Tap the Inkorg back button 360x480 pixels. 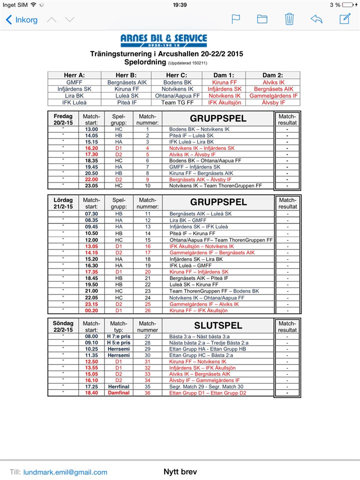pos(21,20)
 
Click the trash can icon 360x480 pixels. pos(289,19)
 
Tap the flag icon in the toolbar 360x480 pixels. pos(235,19)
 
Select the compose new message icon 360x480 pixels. pos(344,19)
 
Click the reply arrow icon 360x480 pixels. pos(316,19)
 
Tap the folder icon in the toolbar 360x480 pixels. pos(262,19)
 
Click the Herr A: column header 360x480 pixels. pos(74,75)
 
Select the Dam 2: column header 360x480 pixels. pos(273,75)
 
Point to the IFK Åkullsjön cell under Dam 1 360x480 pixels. pos(224,102)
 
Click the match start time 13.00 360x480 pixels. pos(91,129)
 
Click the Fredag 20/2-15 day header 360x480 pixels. pos(63,119)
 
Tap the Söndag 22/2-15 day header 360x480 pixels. pos(63,326)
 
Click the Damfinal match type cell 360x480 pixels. pos(118,393)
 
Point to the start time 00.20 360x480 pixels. pos(91,310)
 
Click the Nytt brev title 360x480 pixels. pos(180,471)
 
